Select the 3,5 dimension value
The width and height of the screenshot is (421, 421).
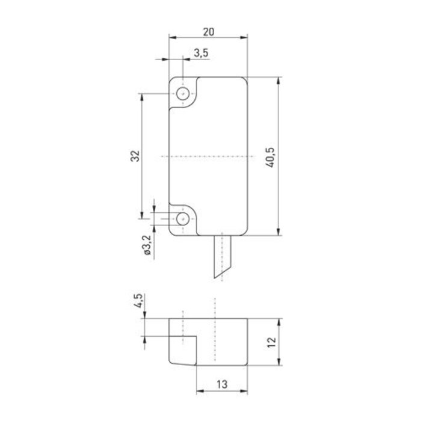pyautogui.click(x=201, y=54)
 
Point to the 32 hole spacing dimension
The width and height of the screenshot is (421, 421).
pyautogui.click(x=135, y=156)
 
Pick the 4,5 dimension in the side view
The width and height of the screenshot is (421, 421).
pyautogui.click(x=138, y=301)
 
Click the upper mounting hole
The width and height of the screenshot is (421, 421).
pyautogui.click(x=183, y=94)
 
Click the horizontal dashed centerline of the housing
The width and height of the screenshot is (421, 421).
pyautogui.click(x=207, y=156)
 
